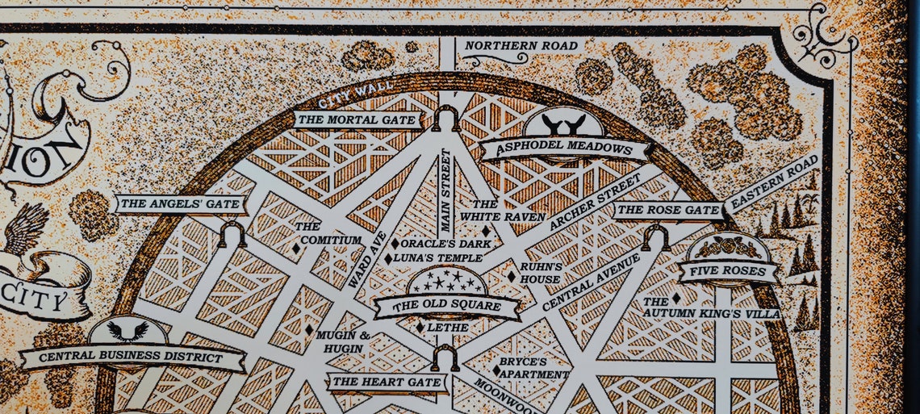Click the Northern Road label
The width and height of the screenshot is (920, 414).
[x=521, y=46]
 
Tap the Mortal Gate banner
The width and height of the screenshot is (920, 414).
[x=358, y=120]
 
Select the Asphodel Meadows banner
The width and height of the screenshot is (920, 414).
[x=564, y=149]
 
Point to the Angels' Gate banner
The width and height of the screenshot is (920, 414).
[x=179, y=204]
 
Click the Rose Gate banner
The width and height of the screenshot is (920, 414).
[x=668, y=211]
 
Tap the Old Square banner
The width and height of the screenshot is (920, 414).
[x=446, y=306]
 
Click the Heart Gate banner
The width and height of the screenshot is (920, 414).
[x=387, y=382]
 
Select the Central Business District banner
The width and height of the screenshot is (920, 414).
[x=132, y=358]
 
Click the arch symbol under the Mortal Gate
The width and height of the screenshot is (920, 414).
[x=445, y=119]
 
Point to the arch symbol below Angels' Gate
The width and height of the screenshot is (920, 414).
[x=232, y=235]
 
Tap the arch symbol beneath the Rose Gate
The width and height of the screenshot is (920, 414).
[x=655, y=237]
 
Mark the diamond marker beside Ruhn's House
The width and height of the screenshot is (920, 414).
[x=511, y=276]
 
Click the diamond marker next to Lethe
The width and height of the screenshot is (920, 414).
[x=420, y=327]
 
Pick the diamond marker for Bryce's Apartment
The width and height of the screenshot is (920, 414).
[x=496, y=370]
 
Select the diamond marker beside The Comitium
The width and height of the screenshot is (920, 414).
[x=296, y=249]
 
